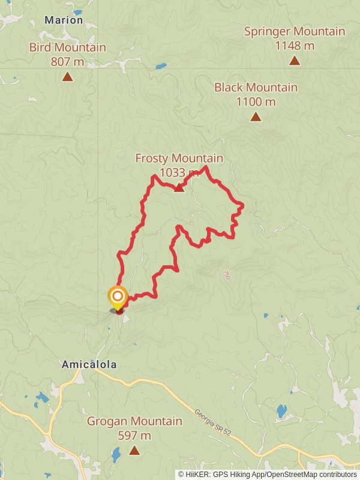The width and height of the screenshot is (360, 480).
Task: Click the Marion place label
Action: click(64, 20)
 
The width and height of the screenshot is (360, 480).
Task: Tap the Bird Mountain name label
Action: click(68, 47)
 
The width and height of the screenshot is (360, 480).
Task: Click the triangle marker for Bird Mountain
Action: click(67, 76)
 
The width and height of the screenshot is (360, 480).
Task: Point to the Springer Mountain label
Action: click(294, 32)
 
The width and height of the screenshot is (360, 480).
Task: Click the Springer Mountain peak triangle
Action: click(294, 60)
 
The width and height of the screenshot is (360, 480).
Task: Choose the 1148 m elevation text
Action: click(294, 45)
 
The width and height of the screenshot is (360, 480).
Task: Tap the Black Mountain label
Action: click(256, 88)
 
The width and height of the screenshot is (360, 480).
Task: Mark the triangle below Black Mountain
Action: click(256, 116)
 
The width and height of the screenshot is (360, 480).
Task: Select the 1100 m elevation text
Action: click(256, 101)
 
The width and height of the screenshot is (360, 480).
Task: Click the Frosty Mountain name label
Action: click(179, 158)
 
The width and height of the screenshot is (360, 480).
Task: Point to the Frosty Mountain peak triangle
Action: click(179, 188)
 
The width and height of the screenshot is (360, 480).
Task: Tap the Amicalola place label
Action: click(89, 364)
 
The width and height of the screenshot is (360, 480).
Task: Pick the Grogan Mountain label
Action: click(134, 421)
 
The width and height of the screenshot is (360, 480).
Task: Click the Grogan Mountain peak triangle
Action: click(134, 450)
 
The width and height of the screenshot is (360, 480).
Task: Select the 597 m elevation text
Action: click(134, 436)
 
